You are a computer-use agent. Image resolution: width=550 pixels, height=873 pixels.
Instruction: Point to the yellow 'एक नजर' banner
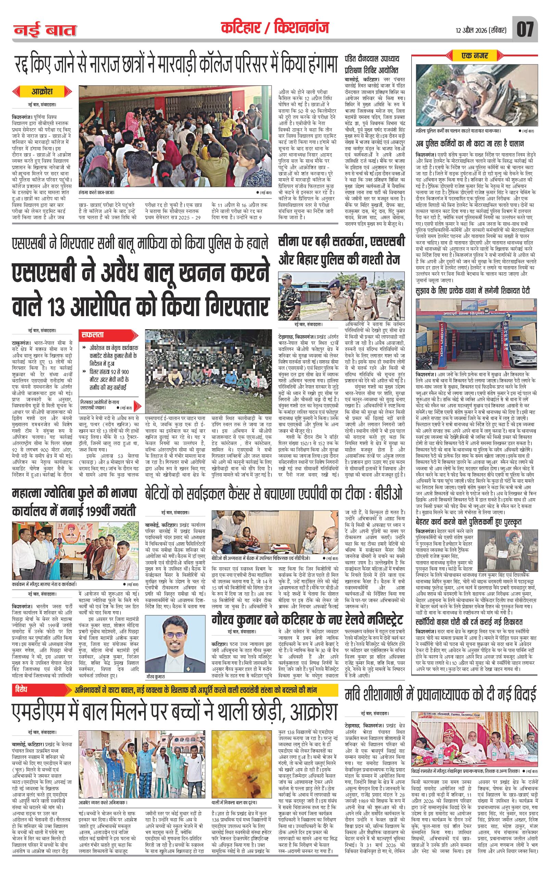click(x=475, y=55)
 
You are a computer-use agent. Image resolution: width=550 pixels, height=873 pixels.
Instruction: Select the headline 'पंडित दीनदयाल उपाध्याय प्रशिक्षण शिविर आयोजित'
click(x=373, y=64)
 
